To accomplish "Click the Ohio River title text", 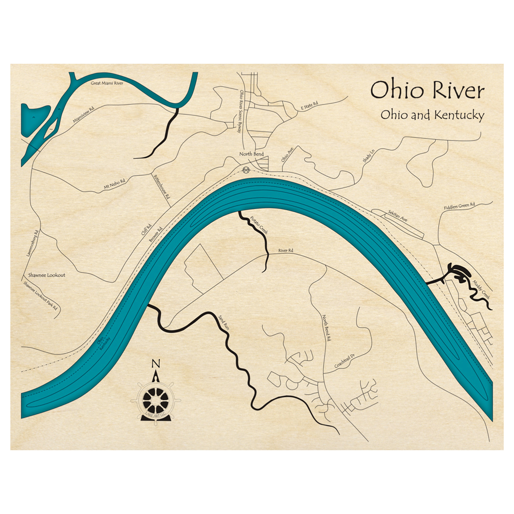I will click(x=427, y=91).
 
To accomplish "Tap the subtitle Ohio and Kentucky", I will click(x=432, y=115).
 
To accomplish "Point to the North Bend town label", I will click(x=252, y=154).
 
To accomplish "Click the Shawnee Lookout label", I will click(x=47, y=275).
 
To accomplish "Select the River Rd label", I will click(x=285, y=251).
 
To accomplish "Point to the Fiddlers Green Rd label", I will click(x=460, y=207).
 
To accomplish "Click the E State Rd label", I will click(x=309, y=106).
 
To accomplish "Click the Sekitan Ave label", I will click(x=397, y=219).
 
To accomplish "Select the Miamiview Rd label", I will click(x=84, y=116).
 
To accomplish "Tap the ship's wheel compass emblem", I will click(x=156, y=398).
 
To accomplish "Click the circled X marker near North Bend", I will click(x=246, y=170).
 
